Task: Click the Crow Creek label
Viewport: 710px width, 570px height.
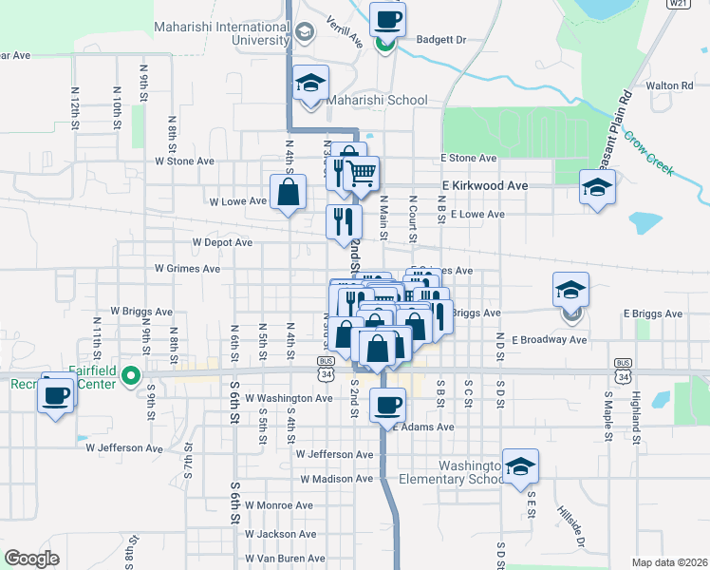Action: [648, 152]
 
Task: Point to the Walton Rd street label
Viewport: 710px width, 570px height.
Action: [669, 85]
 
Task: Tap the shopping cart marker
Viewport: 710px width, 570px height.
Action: [362, 173]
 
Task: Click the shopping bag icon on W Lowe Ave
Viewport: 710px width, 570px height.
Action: [288, 192]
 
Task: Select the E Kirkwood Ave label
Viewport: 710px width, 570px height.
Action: [484, 186]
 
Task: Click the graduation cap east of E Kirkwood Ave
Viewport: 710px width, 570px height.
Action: [598, 186]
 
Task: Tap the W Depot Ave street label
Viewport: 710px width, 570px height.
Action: [222, 242]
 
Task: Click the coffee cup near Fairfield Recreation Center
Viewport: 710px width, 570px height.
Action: [57, 393]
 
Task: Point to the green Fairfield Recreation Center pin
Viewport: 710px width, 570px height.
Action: [133, 374]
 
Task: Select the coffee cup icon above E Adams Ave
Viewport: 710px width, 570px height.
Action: [386, 406]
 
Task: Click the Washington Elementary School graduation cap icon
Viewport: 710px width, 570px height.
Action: [520, 465]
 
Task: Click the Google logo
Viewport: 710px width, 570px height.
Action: [31, 559]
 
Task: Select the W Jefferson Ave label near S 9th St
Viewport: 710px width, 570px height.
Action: [124, 446]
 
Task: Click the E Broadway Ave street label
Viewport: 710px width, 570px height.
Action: [550, 339]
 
